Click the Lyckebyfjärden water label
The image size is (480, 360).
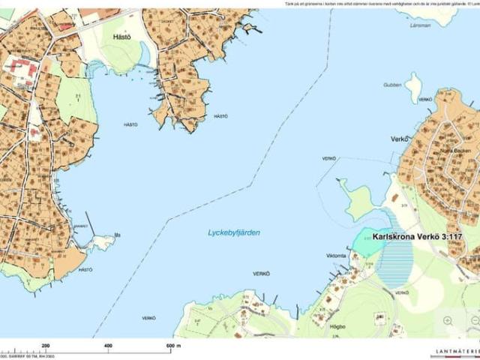(x=234, y=233)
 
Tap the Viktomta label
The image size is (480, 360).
(x=335, y=256)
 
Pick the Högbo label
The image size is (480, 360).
(x=337, y=326)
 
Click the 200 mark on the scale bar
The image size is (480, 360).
(x=46, y=345)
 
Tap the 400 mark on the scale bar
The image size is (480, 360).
(x=108, y=345)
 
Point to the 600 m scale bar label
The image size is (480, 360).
(x=172, y=345)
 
